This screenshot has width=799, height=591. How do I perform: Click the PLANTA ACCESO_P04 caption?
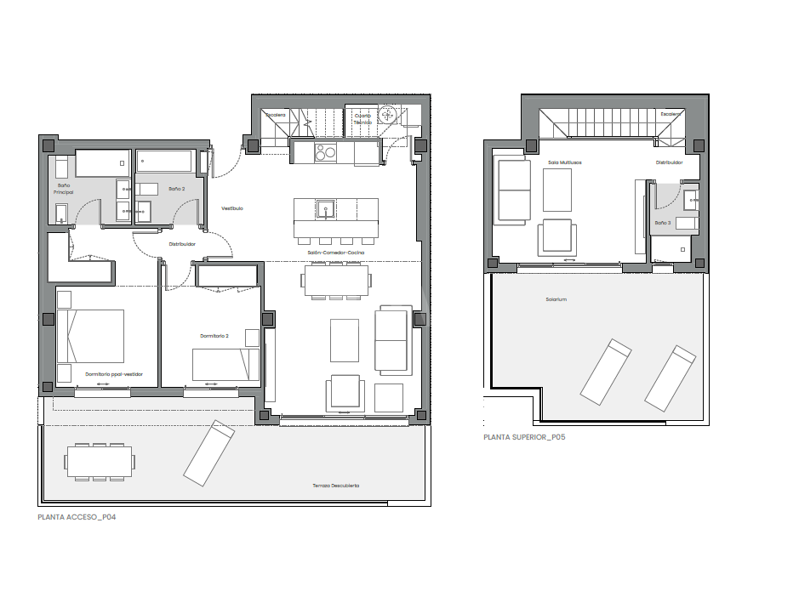(77, 516)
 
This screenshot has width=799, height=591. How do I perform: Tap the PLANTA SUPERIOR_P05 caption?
(524, 437)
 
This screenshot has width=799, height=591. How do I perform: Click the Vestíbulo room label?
(232, 207)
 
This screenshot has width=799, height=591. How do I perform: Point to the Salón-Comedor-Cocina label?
(336, 253)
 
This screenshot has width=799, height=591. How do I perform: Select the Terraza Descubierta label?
(336, 486)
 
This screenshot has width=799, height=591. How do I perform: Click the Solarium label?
(556, 299)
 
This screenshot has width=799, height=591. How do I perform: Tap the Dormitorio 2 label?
(214, 336)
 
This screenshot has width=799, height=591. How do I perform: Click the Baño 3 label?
(663, 223)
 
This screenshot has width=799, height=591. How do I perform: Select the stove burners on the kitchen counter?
(325, 153)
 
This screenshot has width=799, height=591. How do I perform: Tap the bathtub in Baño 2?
(165, 161)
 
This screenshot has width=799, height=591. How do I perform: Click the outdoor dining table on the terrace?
(100, 462)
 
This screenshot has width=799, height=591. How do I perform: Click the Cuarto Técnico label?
(363, 118)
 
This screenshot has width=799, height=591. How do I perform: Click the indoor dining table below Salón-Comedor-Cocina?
(336, 280)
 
